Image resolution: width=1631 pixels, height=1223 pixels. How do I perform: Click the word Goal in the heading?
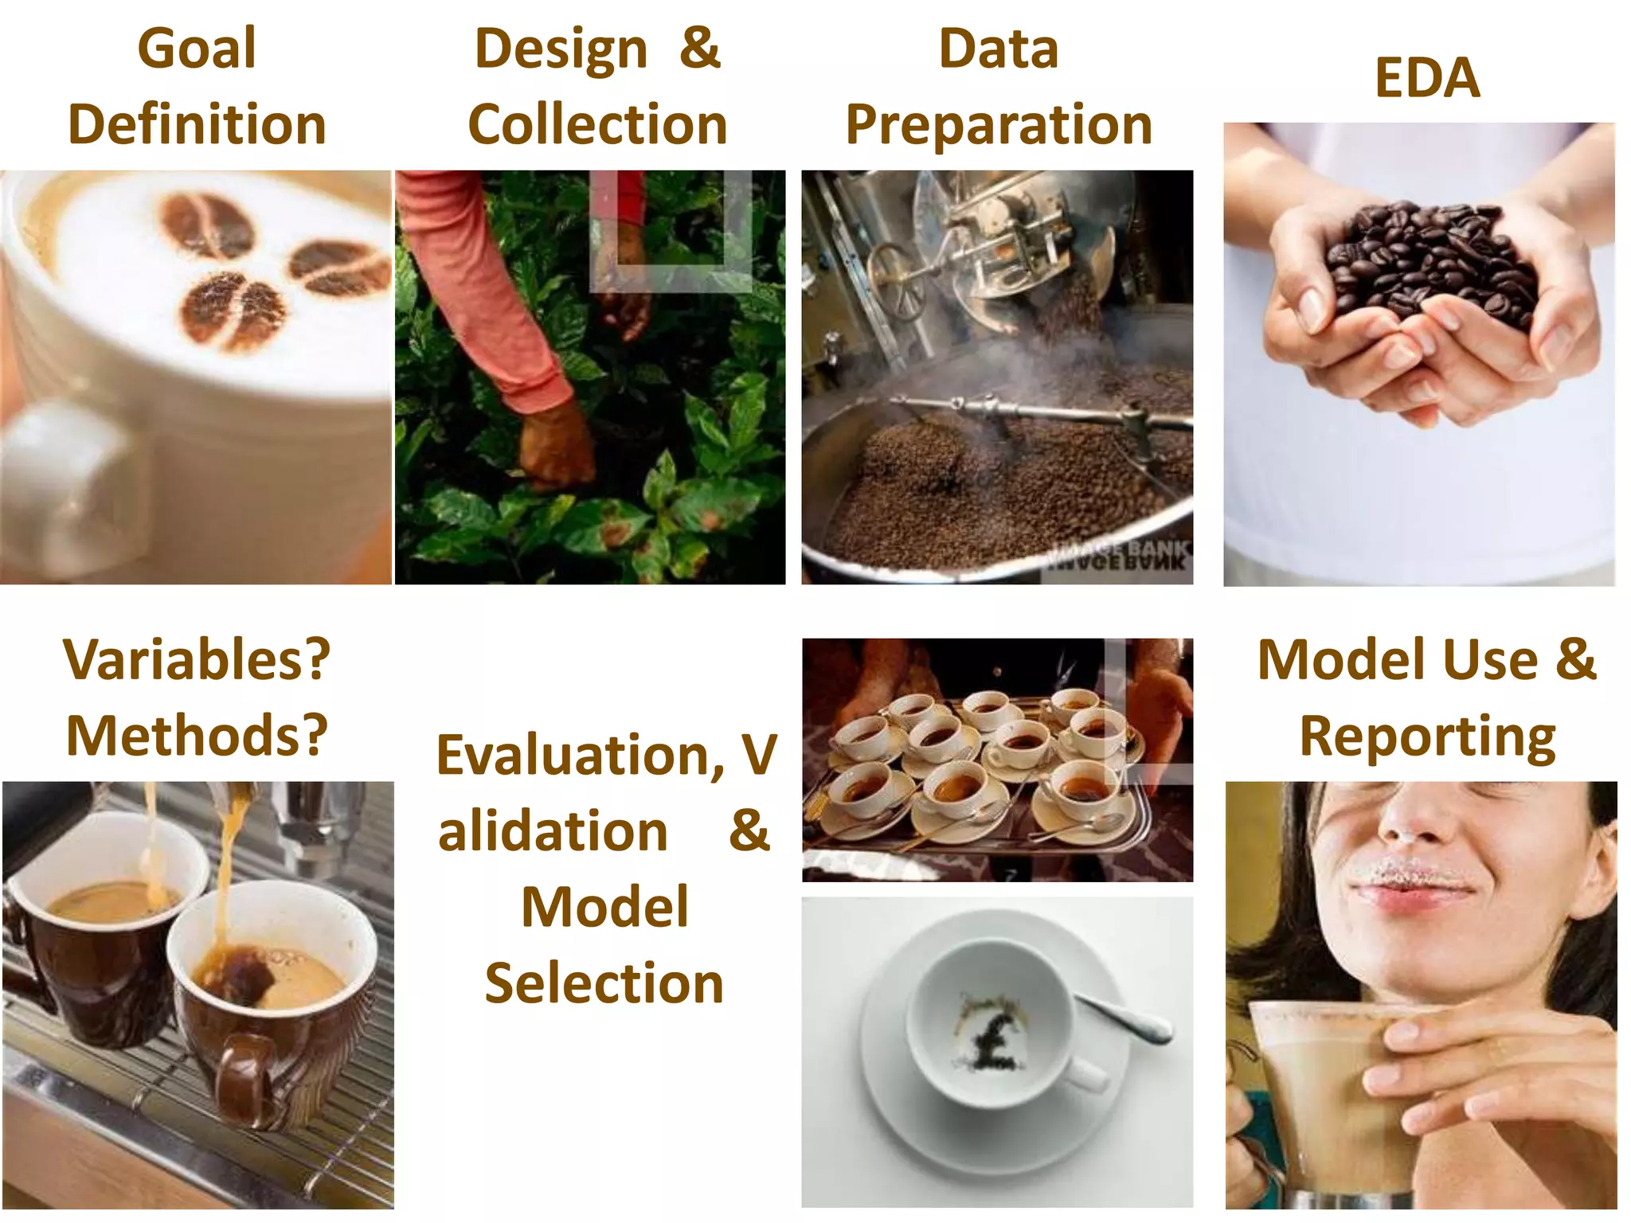197,49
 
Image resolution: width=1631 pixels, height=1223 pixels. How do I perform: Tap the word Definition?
197,125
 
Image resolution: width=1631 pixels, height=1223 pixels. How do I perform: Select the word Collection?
597,125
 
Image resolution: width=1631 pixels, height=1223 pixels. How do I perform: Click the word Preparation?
999,125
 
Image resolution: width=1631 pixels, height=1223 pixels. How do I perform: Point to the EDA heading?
1426,78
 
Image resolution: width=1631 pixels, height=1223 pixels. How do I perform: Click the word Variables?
197,660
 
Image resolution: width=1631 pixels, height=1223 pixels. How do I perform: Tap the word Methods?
197,736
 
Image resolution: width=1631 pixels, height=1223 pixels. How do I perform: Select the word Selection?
604,983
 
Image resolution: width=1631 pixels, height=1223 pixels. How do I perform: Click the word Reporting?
1426,737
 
